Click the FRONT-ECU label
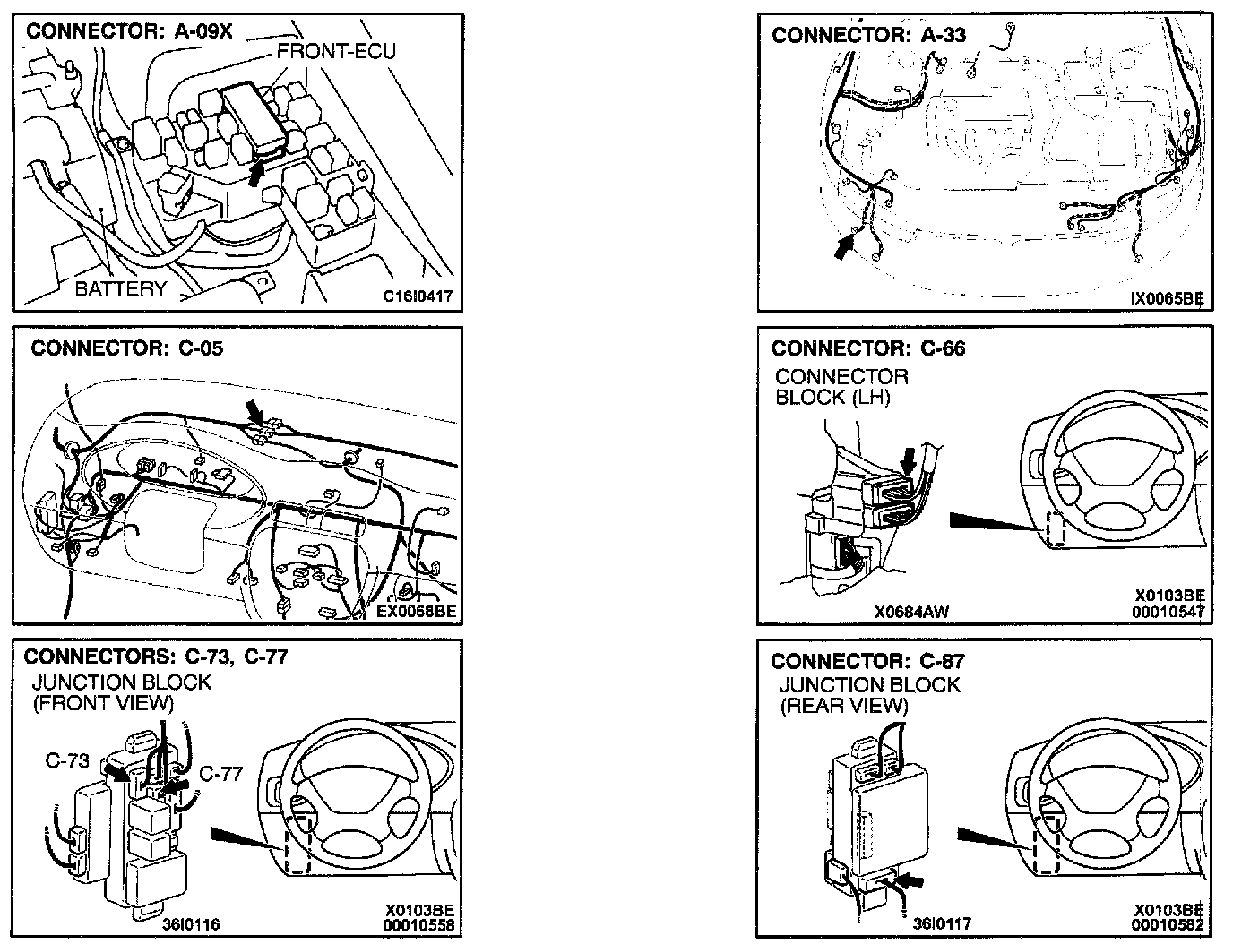click(336, 51)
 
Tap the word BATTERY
click(121, 288)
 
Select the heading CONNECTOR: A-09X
click(129, 30)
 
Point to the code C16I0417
click(419, 296)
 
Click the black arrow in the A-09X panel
click(258, 171)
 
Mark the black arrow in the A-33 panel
click(842, 246)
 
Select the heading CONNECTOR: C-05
click(126, 348)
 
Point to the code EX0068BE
click(417, 612)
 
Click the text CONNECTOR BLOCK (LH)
click(841, 387)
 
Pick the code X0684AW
click(911, 613)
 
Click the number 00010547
click(1168, 611)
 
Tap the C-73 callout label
click(67, 760)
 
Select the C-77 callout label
click(220, 773)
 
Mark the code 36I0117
click(942, 923)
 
